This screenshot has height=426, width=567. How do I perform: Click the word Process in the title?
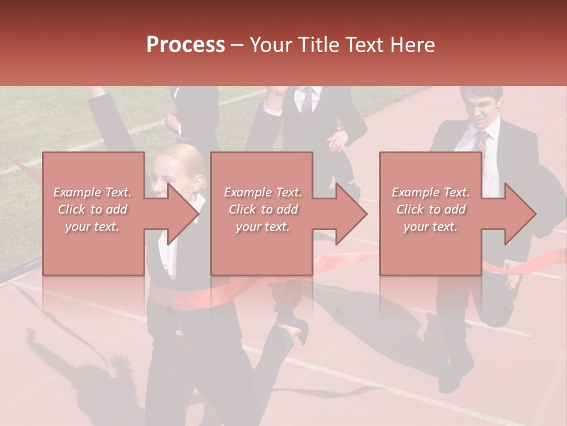coord(185,45)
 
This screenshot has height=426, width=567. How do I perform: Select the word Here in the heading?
coord(413,45)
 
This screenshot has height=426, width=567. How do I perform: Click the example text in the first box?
coord(92,209)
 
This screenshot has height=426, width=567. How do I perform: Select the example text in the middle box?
coord(262,209)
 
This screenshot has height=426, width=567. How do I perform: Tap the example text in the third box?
coord(431,209)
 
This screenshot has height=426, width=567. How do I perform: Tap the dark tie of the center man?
coord(307,99)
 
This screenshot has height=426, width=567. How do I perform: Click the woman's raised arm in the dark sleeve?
coord(112,118)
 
